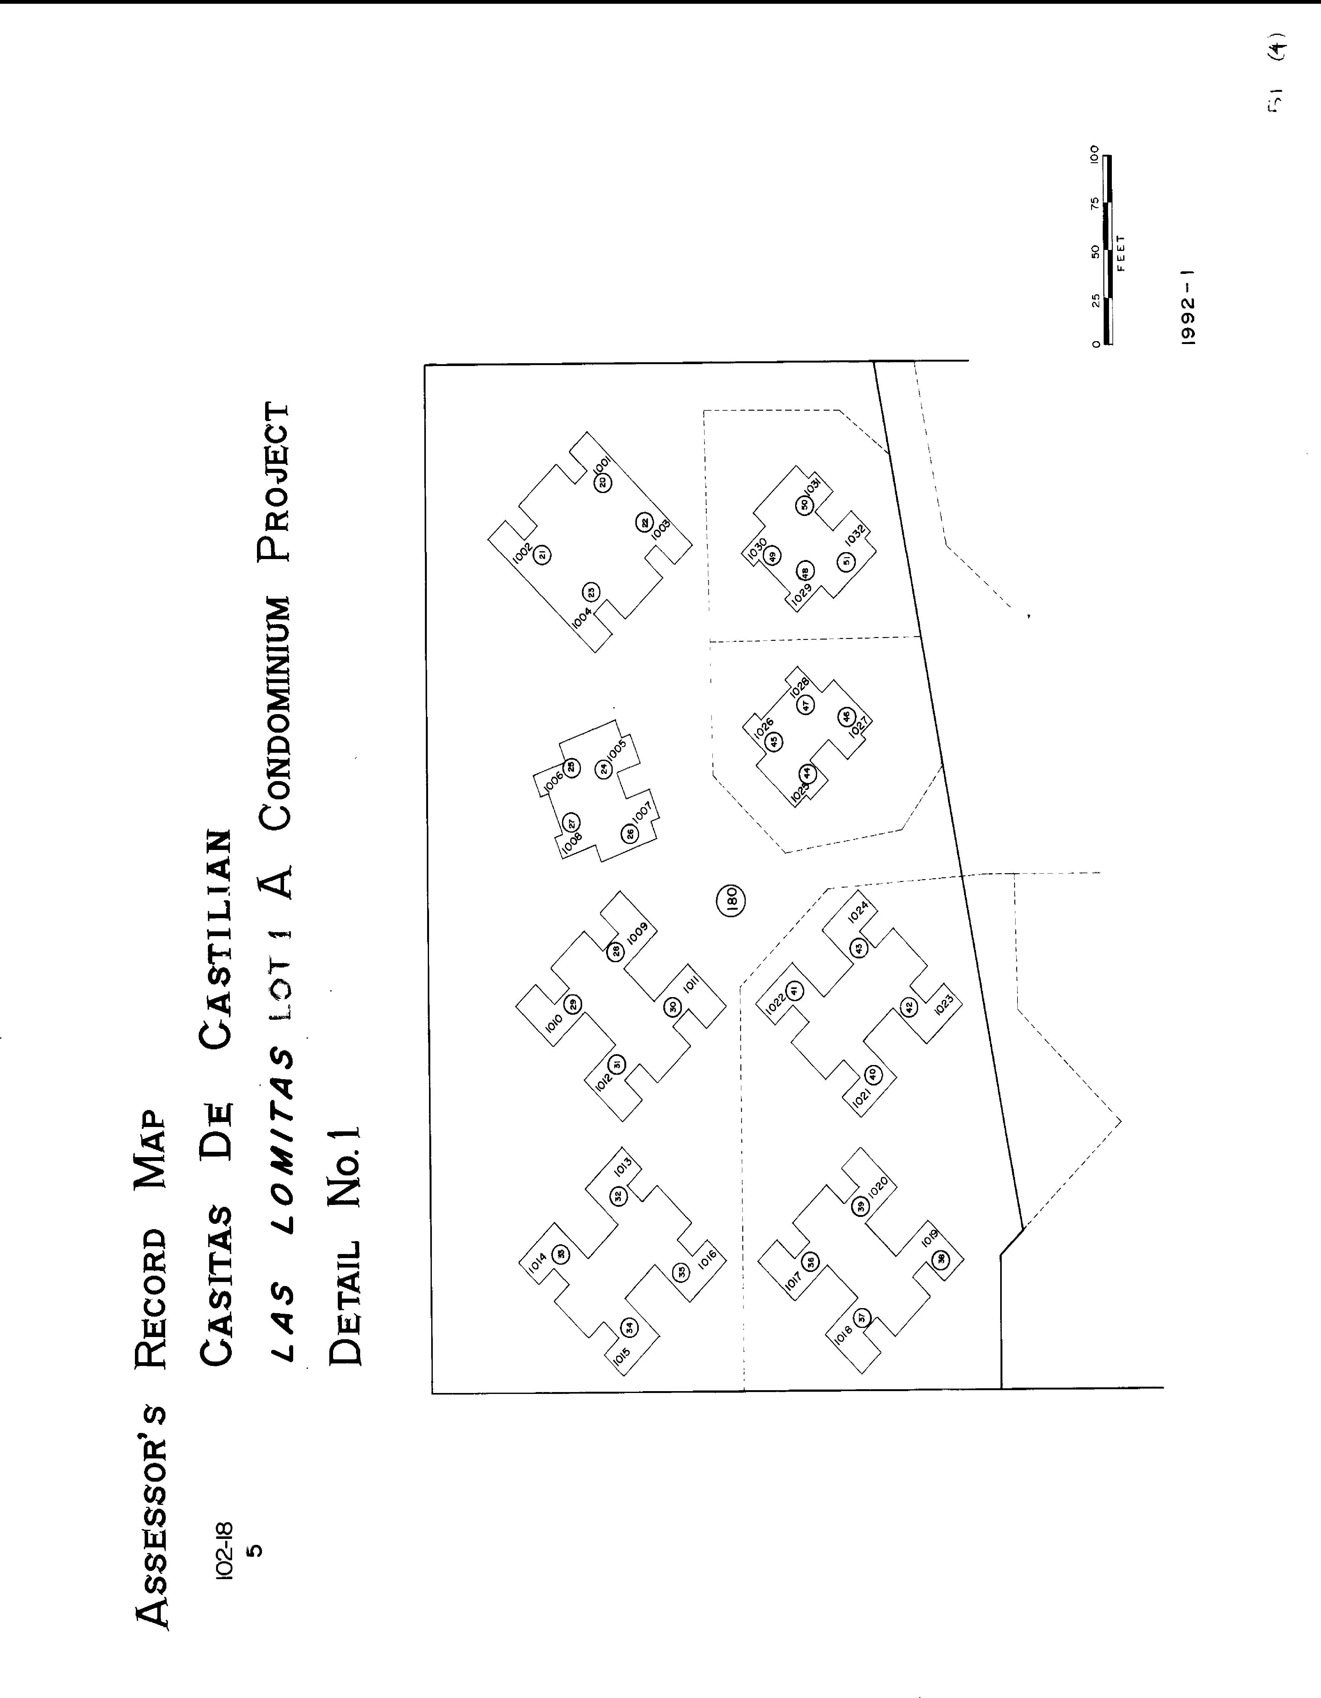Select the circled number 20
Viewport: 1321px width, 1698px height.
(603, 482)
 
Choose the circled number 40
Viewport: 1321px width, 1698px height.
(872, 1074)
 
